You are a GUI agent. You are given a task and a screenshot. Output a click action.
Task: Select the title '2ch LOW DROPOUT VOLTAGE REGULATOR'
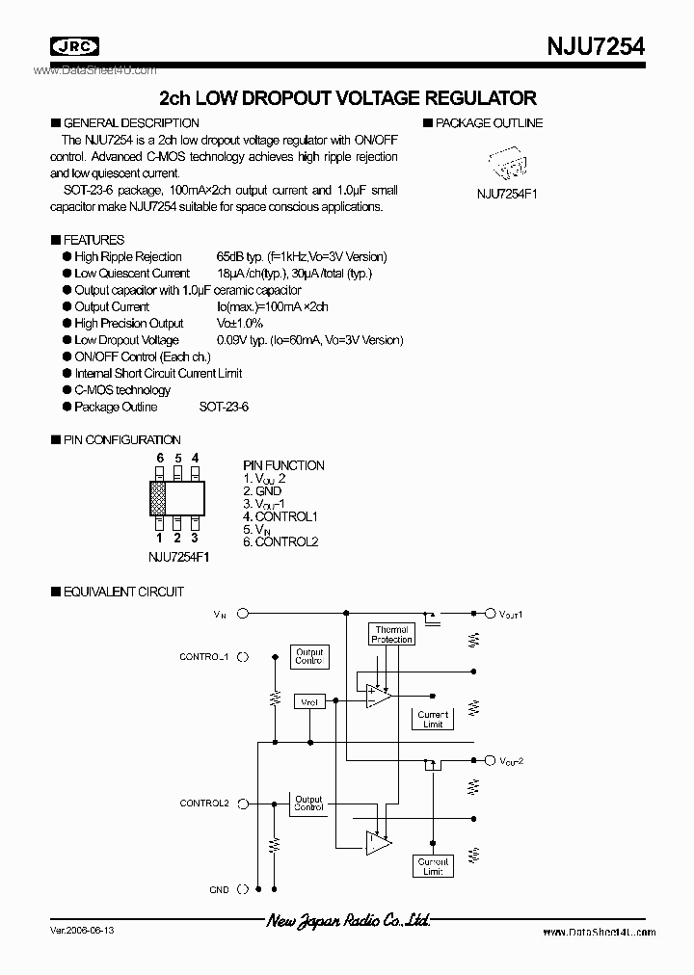coord(347,97)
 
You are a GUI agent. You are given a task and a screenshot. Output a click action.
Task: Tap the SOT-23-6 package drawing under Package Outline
coord(506,164)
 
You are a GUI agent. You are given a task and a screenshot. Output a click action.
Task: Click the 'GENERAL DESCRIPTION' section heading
coord(130,122)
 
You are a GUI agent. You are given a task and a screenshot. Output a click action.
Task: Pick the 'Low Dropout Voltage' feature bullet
coord(126,340)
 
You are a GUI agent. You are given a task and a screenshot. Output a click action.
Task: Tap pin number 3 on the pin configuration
coord(195,538)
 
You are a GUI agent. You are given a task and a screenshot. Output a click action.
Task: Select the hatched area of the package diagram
coord(158,498)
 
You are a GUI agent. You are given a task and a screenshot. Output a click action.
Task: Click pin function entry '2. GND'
coord(262,490)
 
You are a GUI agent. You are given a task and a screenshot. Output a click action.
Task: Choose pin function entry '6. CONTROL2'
coord(280,541)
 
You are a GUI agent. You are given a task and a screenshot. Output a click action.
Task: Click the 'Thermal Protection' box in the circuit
coord(391,634)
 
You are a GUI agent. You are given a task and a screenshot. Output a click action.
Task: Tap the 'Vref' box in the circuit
coord(308,703)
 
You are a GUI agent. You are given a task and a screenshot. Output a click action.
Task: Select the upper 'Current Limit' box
coord(433,720)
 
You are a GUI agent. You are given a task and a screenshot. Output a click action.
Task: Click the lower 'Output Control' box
coord(308,803)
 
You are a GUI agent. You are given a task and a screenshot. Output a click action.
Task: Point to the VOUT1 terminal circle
coord(490,612)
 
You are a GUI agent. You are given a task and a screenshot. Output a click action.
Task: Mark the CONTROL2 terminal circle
coord(242,803)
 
